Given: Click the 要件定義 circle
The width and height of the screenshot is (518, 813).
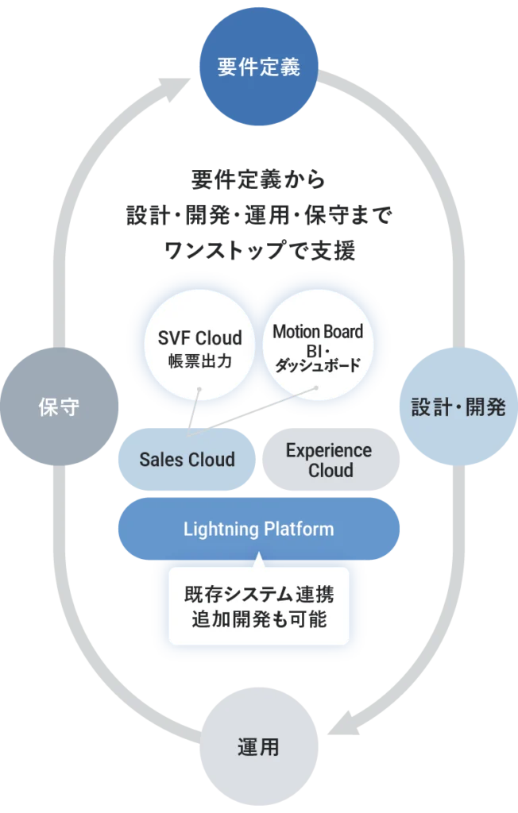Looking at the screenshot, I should tap(258, 67).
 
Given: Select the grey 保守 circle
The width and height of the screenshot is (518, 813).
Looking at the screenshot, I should tap(60, 407).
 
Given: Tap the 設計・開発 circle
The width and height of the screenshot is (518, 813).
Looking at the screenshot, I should tap(458, 407).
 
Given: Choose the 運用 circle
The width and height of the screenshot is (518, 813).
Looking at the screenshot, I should tap(258, 747).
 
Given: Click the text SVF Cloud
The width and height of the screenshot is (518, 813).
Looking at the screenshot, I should tap(199, 339).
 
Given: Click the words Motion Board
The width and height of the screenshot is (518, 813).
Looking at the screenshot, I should tap(318, 332).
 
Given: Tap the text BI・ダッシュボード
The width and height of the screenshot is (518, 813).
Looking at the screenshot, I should tap(318, 358).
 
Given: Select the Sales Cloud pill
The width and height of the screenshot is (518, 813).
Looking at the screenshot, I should tap(187, 460).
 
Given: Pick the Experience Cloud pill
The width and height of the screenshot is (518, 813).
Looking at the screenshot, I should tap(329, 460).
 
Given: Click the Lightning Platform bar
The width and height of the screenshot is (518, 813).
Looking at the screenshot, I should tap(258, 529).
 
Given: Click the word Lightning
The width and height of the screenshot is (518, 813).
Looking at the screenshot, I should tap(215, 529).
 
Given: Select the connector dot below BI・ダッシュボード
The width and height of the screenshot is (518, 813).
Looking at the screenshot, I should tap(316, 387).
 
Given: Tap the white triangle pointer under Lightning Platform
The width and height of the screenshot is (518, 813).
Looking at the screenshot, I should tap(258, 561).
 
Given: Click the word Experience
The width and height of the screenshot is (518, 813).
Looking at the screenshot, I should tap(329, 450).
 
